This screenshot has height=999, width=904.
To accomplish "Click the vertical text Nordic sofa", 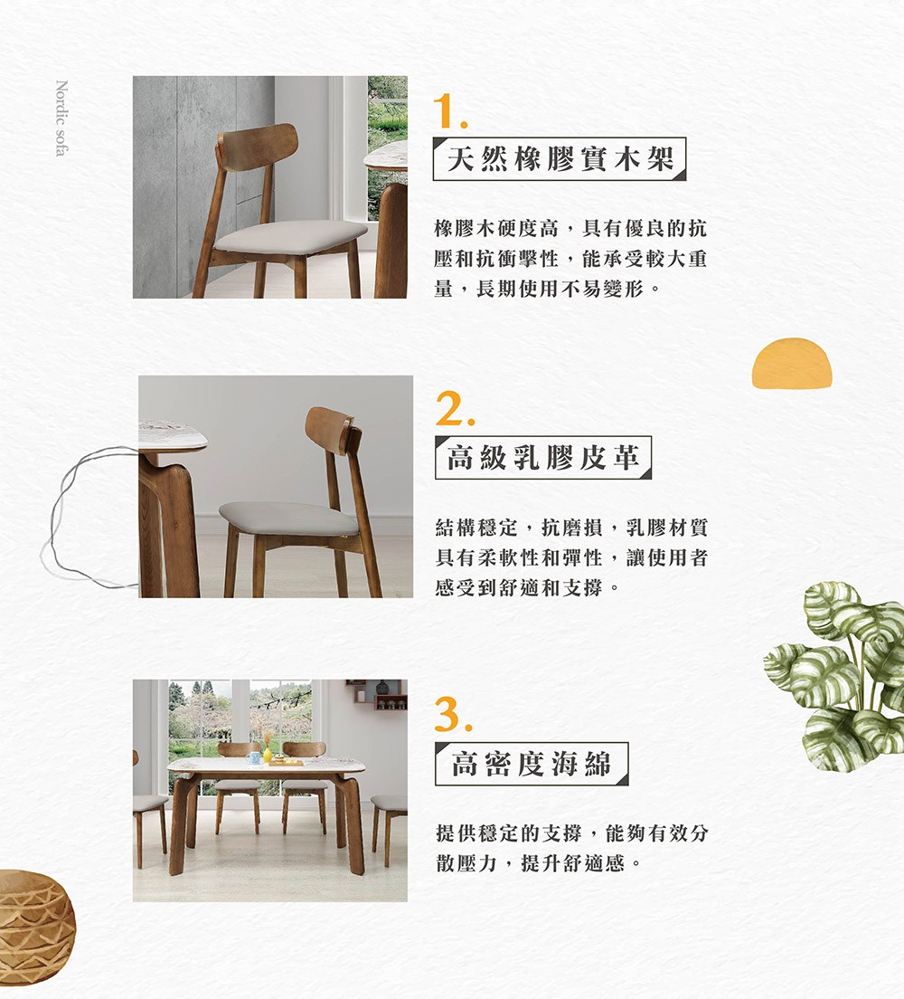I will [x=61, y=119].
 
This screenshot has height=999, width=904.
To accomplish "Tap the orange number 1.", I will [x=449, y=110].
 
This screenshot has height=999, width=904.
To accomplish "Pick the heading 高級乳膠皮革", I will [x=542, y=458].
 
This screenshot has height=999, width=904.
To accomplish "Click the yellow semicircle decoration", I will [x=791, y=364].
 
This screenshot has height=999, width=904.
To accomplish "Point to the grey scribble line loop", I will [x=81, y=516].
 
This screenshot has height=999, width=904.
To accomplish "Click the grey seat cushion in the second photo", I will [x=289, y=518].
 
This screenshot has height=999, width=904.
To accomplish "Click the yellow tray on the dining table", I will [x=286, y=763].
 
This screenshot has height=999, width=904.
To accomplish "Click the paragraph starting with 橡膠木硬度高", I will [x=570, y=259].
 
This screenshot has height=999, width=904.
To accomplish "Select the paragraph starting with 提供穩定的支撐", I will [x=570, y=847].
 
